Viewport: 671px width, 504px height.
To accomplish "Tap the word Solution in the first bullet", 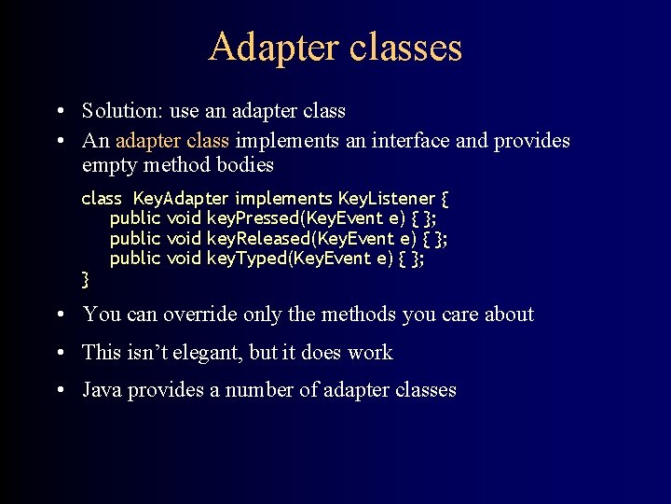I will (x=119, y=111).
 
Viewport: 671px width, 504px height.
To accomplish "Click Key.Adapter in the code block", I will (x=181, y=198).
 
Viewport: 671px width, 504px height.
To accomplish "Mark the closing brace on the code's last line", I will (x=86, y=279).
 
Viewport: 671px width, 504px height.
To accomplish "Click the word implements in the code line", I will (x=283, y=198).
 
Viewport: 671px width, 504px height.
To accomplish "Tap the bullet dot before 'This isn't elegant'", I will (x=59, y=353).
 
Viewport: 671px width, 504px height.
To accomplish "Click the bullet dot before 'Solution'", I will (x=59, y=111).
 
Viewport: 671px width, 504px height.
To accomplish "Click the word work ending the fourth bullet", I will (x=370, y=353).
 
